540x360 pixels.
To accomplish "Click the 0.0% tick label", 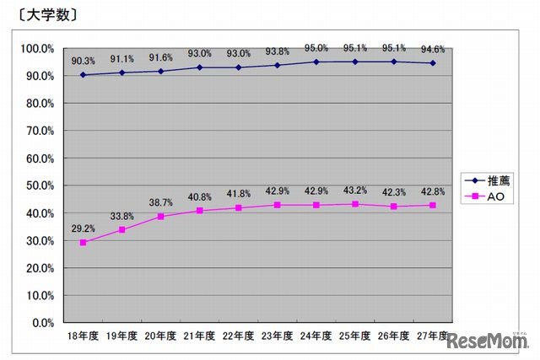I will coord(43,323).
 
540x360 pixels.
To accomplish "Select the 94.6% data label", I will coord(432,49).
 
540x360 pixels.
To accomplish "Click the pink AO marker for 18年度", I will coord(84,242).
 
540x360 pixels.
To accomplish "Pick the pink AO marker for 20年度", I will coord(160,216).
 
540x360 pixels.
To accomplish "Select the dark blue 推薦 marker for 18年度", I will coord(84,75).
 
